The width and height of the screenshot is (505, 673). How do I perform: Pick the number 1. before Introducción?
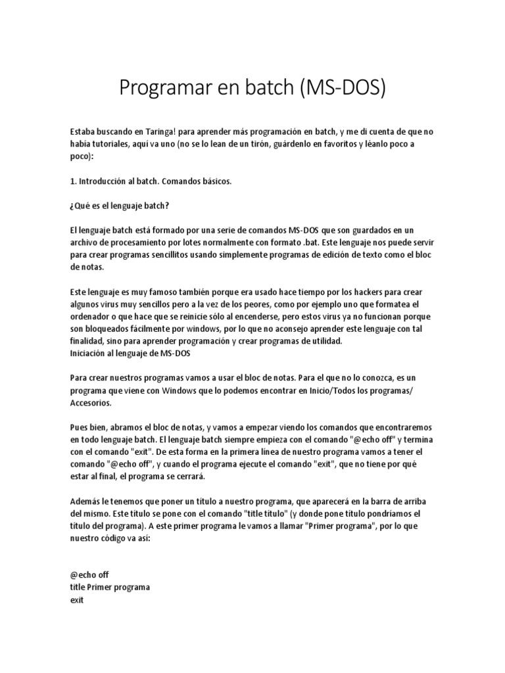72,180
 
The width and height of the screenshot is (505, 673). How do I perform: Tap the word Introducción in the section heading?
103,180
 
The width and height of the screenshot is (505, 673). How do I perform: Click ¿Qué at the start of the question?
81,205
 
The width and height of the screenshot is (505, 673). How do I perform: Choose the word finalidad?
87,340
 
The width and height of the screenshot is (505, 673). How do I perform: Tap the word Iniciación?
90,353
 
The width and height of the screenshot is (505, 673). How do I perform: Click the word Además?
84,501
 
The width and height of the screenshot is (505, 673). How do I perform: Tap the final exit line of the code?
76,599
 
